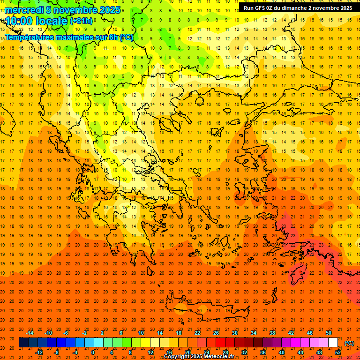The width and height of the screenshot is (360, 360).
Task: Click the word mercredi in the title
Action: point(24,10)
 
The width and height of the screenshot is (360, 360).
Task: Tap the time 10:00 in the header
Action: point(21,21)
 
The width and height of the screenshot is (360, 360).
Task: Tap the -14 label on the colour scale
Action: point(30,333)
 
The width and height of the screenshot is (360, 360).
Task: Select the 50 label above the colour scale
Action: point(328,333)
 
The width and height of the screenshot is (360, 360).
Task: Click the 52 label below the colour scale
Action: point(338,352)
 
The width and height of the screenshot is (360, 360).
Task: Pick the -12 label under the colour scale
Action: point(39,352)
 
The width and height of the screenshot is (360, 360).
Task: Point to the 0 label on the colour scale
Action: point(92,352)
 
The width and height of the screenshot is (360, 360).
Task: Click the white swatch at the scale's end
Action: point(333,343)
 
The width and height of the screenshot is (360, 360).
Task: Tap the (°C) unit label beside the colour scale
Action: point(349,343)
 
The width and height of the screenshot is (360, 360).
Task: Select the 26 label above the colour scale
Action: point(216,333)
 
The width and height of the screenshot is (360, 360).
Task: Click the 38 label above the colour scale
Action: point(272,333)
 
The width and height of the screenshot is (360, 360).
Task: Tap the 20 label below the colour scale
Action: point(187,352)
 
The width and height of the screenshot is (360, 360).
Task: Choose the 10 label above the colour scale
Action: point(141,333)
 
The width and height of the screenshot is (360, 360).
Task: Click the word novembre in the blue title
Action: point(75,10)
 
